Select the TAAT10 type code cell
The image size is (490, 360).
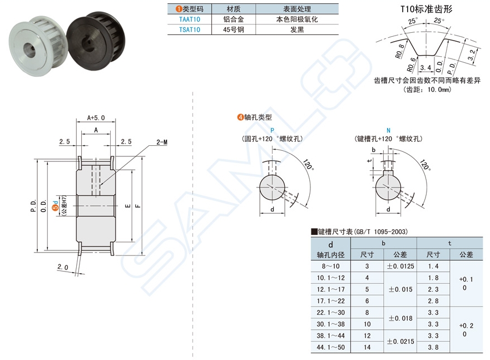pyautogui.click(x=190, y=19)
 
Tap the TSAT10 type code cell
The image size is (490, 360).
pyautogui.click(x=190, y=29)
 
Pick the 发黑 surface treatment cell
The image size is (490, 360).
pyautogui.click(x=297, y=29)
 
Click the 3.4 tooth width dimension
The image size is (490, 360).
pyautogui.click(x=426, y=67)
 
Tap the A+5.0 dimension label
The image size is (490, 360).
pyautogui.click(x=96, y=118)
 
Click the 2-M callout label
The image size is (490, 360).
pyautogui.click(x=162, y=142)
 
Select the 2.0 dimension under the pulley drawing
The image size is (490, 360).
pyautogui.click(x=62, y=267)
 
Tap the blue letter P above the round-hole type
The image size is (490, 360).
pyautogui.click(x=273, y=129)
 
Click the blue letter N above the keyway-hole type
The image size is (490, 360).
pyautogui.click(x=388, y=129)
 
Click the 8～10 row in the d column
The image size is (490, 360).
pyautogui.click(x=331, y=267)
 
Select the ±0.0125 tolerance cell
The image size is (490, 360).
pyautogui.click(x=400, y=267)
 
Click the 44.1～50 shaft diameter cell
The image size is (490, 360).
pyautogui.click(x=331, y=347)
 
